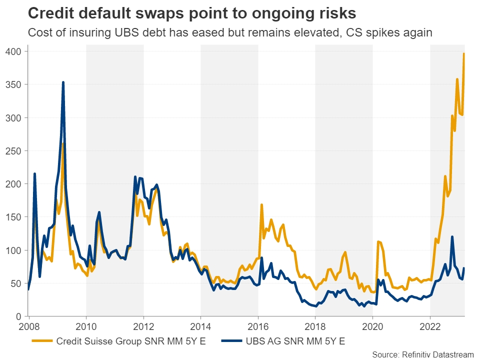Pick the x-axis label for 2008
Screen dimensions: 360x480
(29, 327)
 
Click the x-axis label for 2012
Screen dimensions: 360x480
(143, 327)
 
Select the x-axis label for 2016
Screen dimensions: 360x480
(258, 327)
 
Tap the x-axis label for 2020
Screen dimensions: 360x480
(372, 327)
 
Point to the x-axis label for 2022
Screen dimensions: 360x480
(430, 327)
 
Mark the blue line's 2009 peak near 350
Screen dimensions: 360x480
(63, 82)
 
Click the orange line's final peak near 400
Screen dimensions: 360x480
(464, 53)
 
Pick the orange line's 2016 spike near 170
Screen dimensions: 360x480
(261, 204)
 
